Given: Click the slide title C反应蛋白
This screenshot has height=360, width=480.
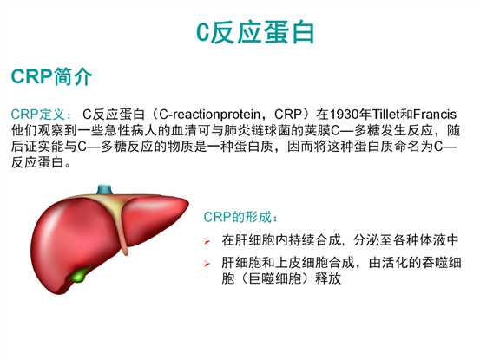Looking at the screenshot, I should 254,33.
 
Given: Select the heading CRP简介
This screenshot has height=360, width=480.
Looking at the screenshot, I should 52,76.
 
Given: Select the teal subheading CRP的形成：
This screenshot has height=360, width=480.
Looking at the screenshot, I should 242,217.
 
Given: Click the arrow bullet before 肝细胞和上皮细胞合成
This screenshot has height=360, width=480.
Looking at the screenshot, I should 207,264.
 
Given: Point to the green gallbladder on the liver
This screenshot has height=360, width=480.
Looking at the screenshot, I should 81,277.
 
